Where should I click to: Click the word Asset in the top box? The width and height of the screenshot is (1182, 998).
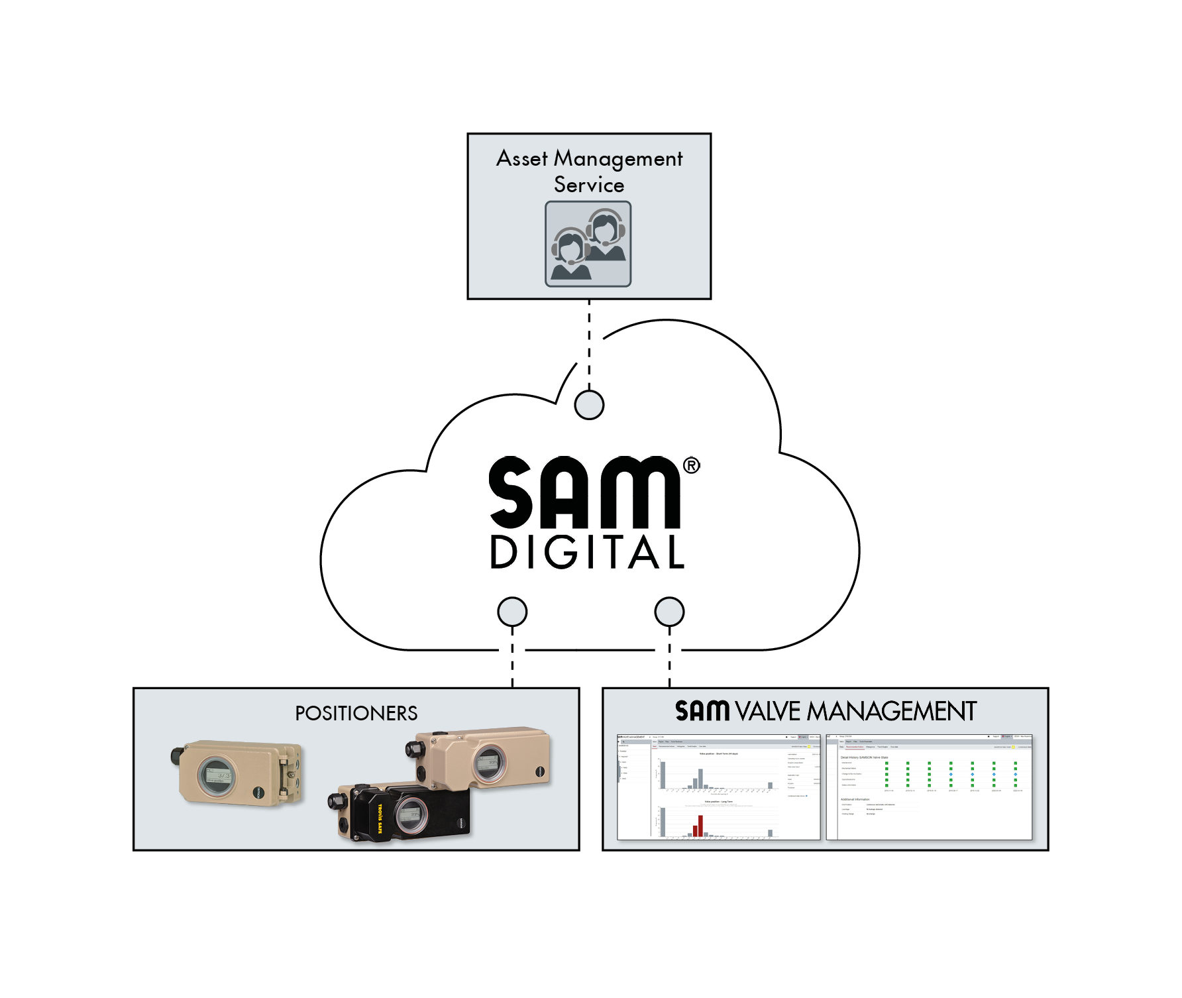coord(521,159)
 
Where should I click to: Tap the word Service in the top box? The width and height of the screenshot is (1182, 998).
coord(588,185)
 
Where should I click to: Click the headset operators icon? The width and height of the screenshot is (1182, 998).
coord(588,244)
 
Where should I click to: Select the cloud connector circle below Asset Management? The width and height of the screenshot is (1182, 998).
coord(588,404)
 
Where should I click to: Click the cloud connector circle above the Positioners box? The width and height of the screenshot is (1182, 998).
coord(512,612)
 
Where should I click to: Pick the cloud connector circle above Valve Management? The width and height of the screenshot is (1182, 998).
coord(669,612)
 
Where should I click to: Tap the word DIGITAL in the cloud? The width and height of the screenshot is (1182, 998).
coord(587,553)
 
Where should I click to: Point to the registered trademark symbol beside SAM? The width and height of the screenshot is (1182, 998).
coord(691,466)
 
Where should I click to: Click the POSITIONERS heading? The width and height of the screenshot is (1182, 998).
coord(356,714)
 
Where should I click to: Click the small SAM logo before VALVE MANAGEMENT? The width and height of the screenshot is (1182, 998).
coord(702,711)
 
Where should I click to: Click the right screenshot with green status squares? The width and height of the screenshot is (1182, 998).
coord(929,787)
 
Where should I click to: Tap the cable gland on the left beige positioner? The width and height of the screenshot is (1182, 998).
coord(177,755)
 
